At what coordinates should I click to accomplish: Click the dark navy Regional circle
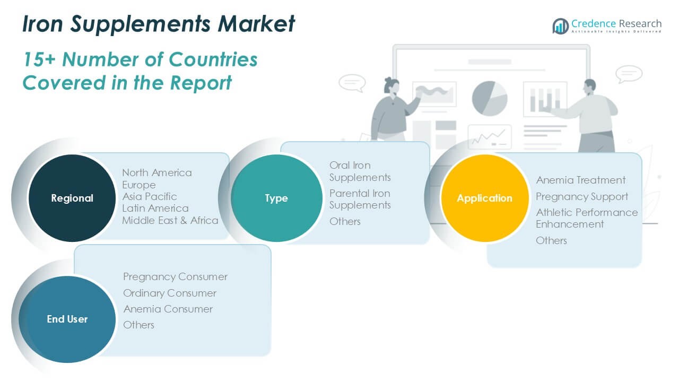(72, 198)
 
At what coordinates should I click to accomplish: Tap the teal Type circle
(276, 198)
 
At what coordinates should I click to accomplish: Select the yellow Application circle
(484, 198)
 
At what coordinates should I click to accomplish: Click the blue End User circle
(67, 319)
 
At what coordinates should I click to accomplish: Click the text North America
(157, 172)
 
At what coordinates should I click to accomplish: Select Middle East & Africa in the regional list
(170, 220)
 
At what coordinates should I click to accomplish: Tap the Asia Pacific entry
(150, 196)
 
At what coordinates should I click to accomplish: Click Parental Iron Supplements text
(360, 199)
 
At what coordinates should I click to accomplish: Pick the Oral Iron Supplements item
(360, 171)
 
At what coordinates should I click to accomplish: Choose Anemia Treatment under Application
(580, 180)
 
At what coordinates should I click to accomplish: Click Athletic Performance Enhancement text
(586, 218)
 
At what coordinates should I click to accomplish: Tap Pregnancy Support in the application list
(581, 196)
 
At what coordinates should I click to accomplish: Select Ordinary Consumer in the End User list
(170, 293)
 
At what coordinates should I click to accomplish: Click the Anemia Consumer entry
(168, 309)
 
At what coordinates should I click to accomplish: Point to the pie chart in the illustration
(489, 98)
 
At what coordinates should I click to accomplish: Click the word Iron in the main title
(41, 24)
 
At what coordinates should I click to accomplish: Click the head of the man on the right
(589, 86)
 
